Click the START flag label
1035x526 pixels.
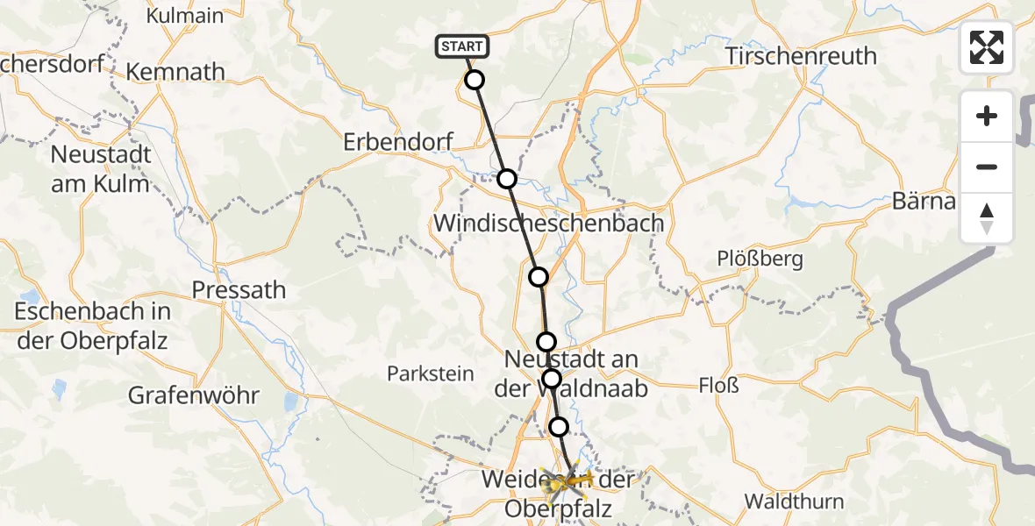[x=461, y=46]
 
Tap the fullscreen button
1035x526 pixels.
[x=987, y=47]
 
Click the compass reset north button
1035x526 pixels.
[x=987, y=218]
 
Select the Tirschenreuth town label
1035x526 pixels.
[x=801, y=56]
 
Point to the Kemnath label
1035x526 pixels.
[x=175, y=71]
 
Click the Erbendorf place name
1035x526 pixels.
[x=398, y=141]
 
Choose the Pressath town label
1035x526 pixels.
[x=239, y=289]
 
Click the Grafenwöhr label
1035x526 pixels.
[x=194, y=395]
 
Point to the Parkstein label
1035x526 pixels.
[x=431, y=373]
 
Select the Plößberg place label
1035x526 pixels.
[x=747, y=259]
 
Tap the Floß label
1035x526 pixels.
[x=718, y=384]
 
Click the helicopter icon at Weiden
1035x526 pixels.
[x=555, y=484]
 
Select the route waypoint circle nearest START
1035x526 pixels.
[x=474, y=80]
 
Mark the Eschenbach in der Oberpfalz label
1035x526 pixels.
[x=93, y=326]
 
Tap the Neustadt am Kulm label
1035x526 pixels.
[x=101, y=169]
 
